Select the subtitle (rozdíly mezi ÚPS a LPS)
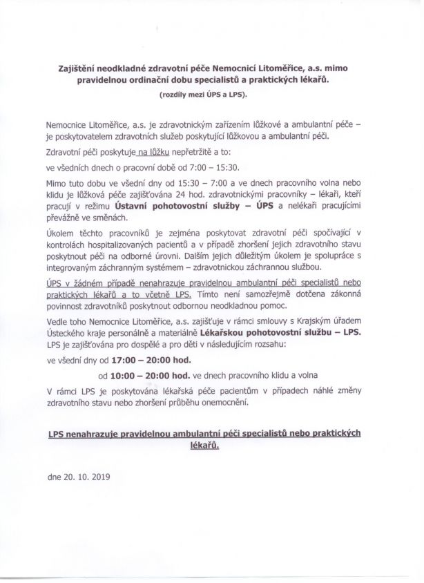[x=211, y=93]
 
